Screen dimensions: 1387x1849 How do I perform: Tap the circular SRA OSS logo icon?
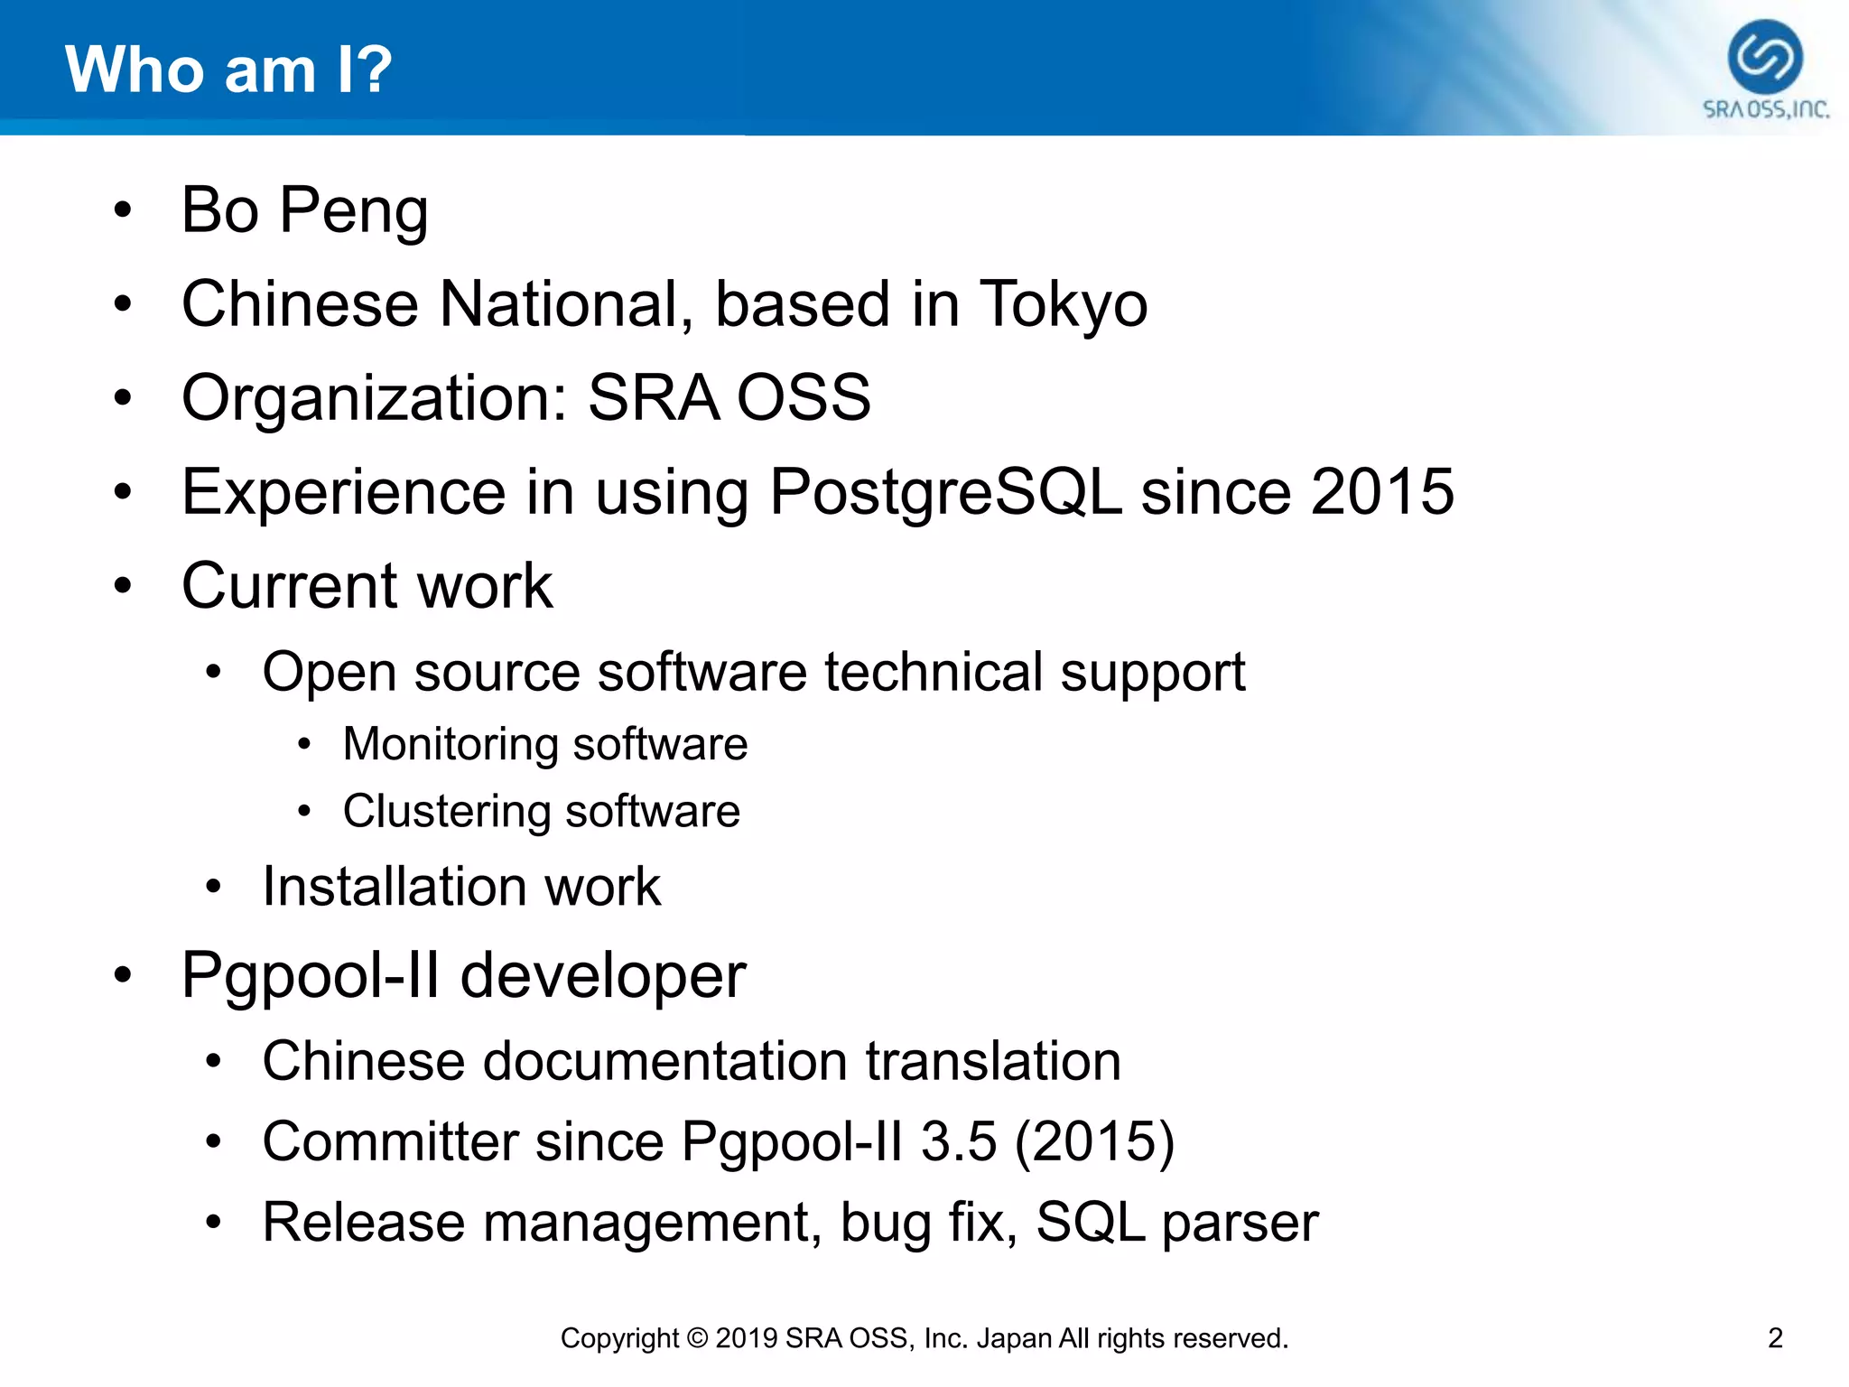pos(1765,58)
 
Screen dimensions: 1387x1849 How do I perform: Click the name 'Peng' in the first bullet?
pos(354,211)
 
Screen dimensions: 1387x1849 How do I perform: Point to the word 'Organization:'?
pos(374,398)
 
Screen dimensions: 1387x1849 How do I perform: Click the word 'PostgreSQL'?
pos(945,492)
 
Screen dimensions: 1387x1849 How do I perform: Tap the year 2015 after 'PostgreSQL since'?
pos(1382,492)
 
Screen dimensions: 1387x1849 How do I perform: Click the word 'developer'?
pos(603,976)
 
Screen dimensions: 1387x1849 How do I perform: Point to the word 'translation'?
pos(993,1061)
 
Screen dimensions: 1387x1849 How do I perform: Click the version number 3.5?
pos(959,1141)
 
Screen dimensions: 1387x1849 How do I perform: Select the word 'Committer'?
pos(390,1141)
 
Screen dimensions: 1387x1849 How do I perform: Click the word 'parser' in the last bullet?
pos(1240,1223)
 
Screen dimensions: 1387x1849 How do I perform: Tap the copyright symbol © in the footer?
pos(697,1337)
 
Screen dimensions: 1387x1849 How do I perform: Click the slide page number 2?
pos(1775,1337)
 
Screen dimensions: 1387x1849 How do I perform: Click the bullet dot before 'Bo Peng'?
pos(123,211)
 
